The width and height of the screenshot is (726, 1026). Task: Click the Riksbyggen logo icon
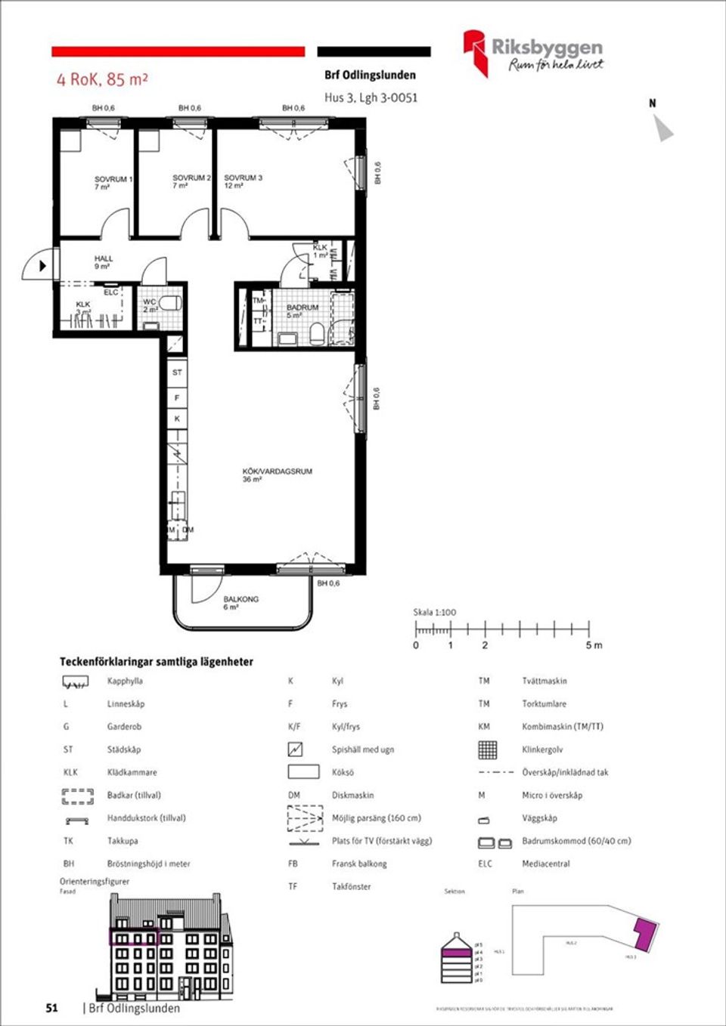tap(476, 53)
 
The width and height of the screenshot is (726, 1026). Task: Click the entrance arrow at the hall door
tap(43, 266)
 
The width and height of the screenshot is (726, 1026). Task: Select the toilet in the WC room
tap(171, 304)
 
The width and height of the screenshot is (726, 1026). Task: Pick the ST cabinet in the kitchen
tap(177, 372)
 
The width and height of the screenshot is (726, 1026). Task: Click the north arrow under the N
tap(664, 129)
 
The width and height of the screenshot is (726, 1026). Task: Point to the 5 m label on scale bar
tap(594, 645)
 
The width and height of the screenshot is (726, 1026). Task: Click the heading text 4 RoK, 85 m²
tap(102, 79)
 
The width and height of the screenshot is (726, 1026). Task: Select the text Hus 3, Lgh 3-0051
tap(371, 97)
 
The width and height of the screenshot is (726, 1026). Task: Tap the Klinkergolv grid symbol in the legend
tap(488, 749)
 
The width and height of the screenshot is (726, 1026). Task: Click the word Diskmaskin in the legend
tap(352, 795)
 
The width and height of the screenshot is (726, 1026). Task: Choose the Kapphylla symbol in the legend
tap(76, 682)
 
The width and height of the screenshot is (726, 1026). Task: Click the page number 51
tap(51, 1008)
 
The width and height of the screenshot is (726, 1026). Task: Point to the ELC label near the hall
tap(111, 292)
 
